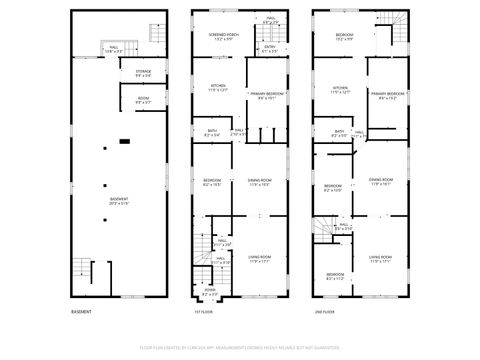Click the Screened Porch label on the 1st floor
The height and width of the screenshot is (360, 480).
[222, 38]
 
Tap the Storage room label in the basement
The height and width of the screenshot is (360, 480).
[143, 73]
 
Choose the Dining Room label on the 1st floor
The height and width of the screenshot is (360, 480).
[261, 182]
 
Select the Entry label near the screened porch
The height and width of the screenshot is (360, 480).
[270, 48]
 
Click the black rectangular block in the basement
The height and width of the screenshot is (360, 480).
[124, 142]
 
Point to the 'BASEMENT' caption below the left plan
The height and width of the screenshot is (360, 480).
[82, 312]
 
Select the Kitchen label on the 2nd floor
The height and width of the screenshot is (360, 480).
[341, 90]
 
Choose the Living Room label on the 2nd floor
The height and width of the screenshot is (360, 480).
[380, 260]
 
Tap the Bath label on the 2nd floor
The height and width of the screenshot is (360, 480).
[340, 133]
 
